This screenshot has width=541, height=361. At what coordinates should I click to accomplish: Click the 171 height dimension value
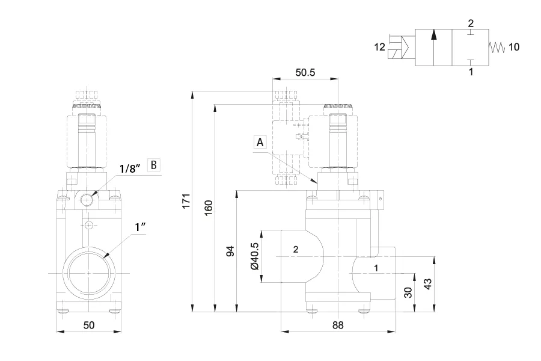pyautogui.click(x=186, y=201)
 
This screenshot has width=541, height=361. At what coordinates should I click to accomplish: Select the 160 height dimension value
pyautogui.click(x=209, y=208)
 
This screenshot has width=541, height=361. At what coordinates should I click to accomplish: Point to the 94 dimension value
pyautogui.click(x=230, y=251)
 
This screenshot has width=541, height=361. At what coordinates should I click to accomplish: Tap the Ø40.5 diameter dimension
pyautogui.click(x=254, y=256)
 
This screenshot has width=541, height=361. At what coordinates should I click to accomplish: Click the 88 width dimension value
pyautogui.click(x=338, y=325)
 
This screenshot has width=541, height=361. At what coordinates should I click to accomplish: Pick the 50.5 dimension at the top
pyautogui.click(x=305, y=73)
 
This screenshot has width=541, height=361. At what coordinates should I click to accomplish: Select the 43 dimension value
pyautogui.click(x=427, y=284)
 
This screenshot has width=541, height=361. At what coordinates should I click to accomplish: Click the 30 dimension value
pyautogui.click(x=408, y=292)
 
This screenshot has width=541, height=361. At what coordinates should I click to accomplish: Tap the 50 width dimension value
pyautogui.click(x=89, y=325)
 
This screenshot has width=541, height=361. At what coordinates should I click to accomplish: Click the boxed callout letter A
pyautogui.click(x=260, y=142)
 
